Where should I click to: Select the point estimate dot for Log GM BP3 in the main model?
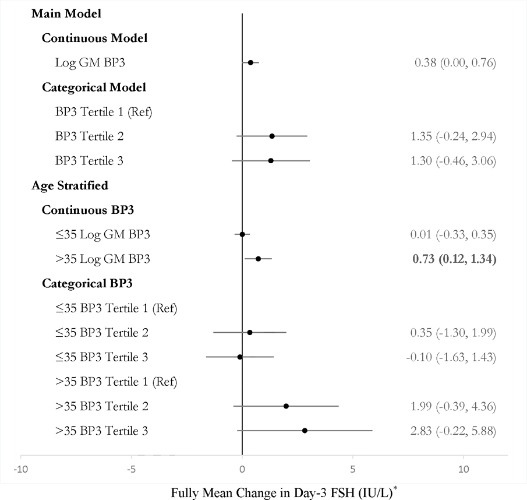250,62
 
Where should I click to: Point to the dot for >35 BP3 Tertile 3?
305,431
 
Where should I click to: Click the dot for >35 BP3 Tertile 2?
286,406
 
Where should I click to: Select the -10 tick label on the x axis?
20,469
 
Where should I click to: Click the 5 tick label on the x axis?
352,469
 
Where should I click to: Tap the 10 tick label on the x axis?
463,469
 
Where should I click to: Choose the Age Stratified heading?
69,185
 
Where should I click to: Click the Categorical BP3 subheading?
87,284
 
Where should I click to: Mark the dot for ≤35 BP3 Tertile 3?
240,357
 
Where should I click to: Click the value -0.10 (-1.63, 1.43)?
451,357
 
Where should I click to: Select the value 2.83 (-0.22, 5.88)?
453,431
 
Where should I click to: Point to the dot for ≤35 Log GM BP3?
242,235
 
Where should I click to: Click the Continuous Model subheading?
94,38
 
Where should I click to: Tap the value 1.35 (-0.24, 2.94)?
453,136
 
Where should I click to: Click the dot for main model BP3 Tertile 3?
271,160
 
